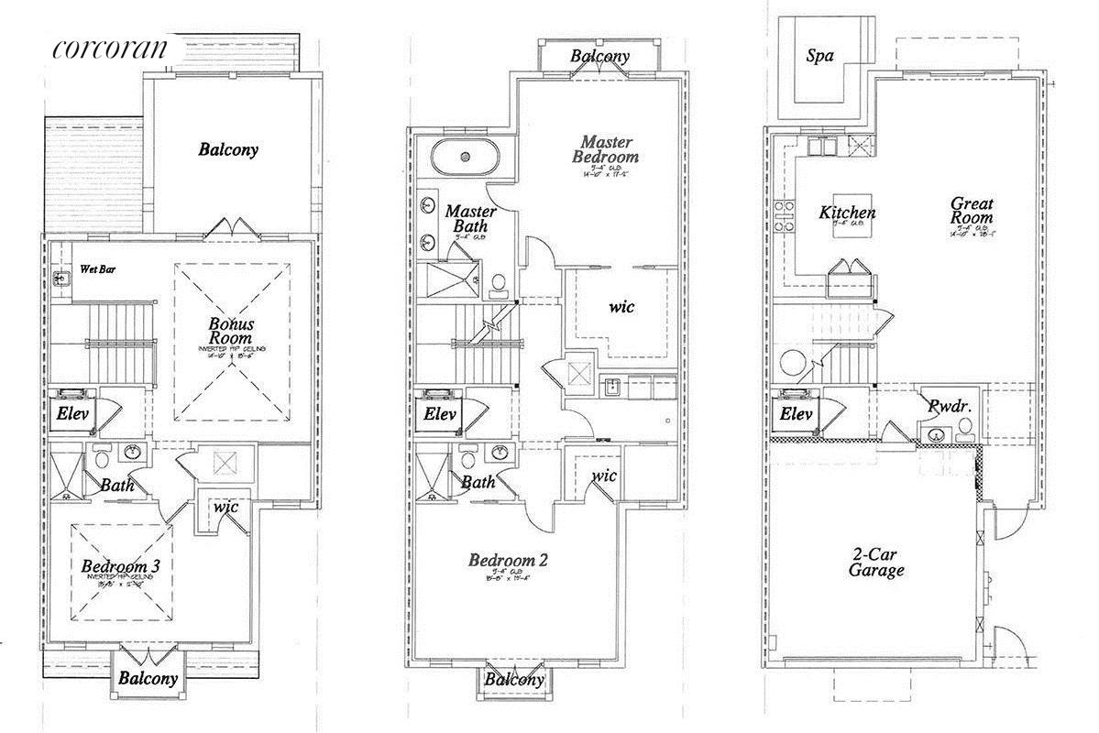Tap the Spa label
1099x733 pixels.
coord(819,56)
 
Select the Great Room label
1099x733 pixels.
coord(972,211)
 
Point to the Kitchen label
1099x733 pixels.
coord(847,213)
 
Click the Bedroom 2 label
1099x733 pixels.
coord(508,561)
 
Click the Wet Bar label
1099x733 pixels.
coord(98,270)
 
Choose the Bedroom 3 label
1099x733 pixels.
coord(120,566)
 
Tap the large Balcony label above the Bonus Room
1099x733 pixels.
coord(228,149)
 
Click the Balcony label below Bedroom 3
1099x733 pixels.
coord(147,679)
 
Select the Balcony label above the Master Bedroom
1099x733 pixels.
coord(600,57)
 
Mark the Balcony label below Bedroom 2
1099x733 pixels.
coord(514,680)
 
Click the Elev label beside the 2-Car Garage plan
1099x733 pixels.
coord(796,415)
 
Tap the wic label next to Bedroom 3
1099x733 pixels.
coord(225,507)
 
